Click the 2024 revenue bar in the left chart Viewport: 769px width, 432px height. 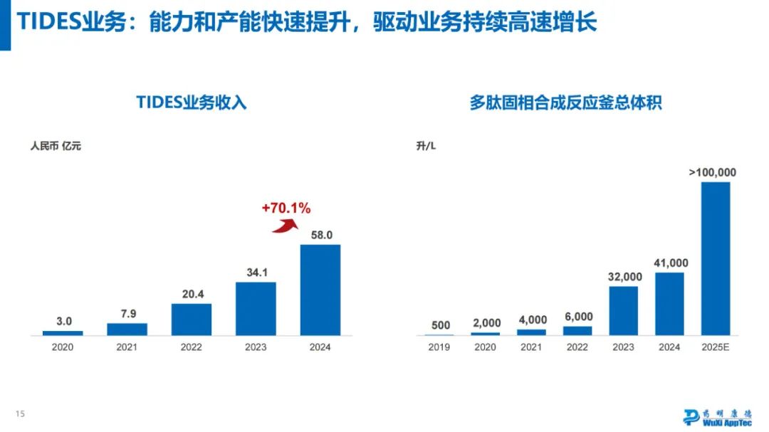pyautogui.click(x=320, y=290)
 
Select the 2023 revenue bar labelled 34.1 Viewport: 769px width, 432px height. pyautogui.click(x=256, y=308)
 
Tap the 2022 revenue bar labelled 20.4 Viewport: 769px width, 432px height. pyautogui.click(x=191, y=319)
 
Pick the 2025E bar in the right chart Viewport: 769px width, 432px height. pyautogui.click(x=716, y=258)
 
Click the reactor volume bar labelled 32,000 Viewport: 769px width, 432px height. pyautogui.click(x=624, y=310)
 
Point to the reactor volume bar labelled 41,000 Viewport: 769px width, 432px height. pyautogui.click(x=669, y=303)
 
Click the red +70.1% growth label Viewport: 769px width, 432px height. pyautogui.click(x=286, y=209)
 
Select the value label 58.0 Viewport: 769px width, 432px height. pyautogui.click(x=320, y=235)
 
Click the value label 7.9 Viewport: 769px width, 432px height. pyautogui.click(x=127, y=314)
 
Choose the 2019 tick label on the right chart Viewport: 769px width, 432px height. pyautogui.click(x=439, y=347)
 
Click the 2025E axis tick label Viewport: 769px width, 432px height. pyautogui.click(x=716, y=347)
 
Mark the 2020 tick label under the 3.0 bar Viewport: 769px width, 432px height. pyautogui.click(x=63, y=347)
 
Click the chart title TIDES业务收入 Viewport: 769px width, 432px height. pyautogui.click(x=192, y=102)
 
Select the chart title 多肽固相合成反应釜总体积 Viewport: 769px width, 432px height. pyautogui.click(x=565, y=102)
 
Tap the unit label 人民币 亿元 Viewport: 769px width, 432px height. pyautogui.click(x=56, y=147)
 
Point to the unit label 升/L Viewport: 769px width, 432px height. pyautogui.click(x=427, y=147)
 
